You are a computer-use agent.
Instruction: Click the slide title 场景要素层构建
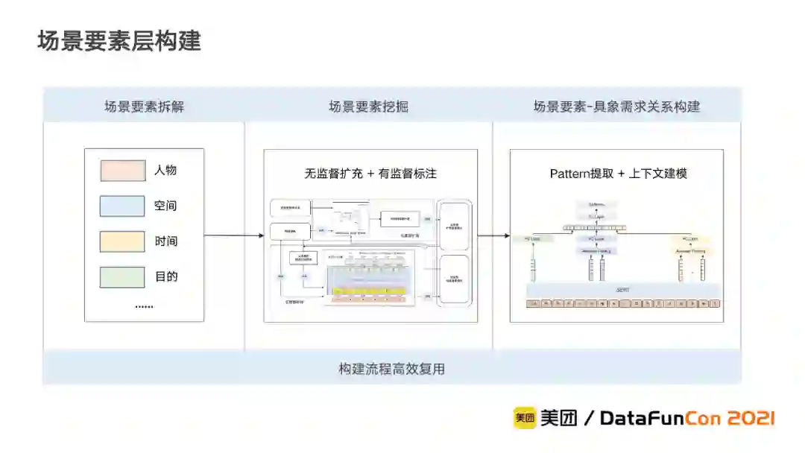point(119,41)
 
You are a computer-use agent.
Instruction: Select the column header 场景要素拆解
point(144,107)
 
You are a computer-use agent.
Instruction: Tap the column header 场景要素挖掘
point(368,107)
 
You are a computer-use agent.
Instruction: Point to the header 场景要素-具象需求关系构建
point(616,107)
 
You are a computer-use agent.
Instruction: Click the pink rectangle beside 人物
point(122,171)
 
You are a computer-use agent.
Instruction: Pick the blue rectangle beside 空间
point(122,206)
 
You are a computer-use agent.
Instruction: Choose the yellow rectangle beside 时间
point(122,241)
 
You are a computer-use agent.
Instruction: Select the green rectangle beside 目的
point(122,277)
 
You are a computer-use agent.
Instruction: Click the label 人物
point(165,171)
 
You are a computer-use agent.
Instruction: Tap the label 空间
point(165,206)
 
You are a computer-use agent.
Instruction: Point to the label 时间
point(165,241)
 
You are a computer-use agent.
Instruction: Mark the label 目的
point(165,277)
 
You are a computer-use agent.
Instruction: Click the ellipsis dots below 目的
point(144,305)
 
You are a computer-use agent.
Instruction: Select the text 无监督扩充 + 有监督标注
point(370,174)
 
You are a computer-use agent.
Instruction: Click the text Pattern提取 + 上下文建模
point(618,174)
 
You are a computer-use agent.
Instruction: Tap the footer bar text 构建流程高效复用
point(392,369)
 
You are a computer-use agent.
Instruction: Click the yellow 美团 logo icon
point(525,418)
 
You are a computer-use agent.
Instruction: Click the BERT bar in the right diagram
point(623,290)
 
